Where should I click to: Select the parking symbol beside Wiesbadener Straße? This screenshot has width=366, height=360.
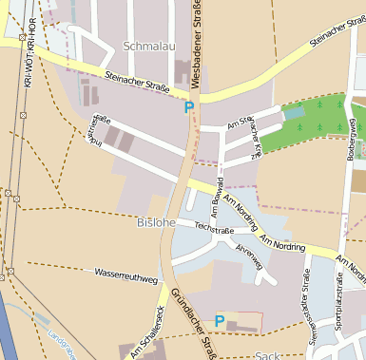click(189, 107)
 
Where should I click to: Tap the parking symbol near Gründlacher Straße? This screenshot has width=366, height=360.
click(220, 322)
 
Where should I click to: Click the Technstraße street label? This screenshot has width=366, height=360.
click(214, 229)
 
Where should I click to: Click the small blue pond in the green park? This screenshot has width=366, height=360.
click(295, 112)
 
